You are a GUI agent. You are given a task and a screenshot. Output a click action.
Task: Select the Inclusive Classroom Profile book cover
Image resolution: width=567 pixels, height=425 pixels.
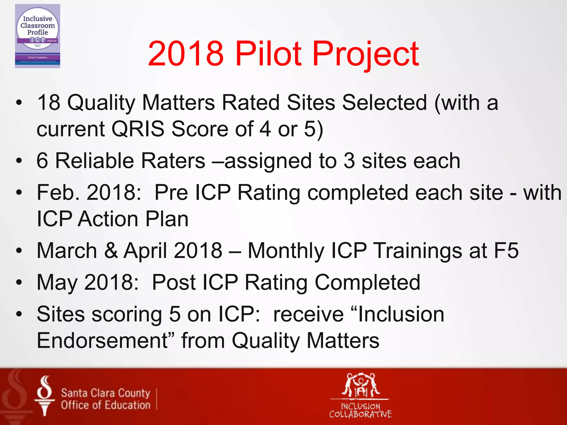coord(38,36)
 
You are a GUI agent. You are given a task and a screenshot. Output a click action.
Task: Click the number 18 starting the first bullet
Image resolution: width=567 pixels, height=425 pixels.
coord(48,102)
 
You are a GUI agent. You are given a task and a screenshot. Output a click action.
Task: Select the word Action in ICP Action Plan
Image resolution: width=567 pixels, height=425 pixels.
coord(108,219)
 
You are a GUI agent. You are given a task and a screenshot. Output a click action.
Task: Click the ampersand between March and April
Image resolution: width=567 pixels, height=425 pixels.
coord(111,250)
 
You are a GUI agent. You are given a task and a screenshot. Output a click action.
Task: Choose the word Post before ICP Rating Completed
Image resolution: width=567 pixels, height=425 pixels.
coord(174,282)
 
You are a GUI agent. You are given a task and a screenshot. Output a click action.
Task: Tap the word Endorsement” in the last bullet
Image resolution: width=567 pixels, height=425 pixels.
coord(105,340)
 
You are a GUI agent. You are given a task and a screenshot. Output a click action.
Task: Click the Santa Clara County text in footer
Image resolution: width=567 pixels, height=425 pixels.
coord(105,393)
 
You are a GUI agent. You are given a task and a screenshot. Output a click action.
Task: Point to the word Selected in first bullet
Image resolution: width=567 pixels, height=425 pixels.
coord(385,102)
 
